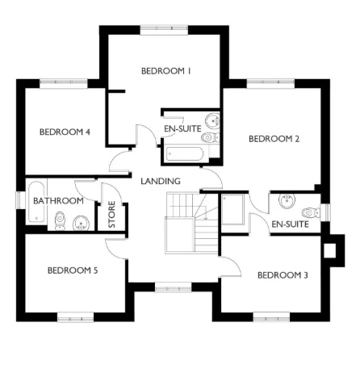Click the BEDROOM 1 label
(x=165, y=71)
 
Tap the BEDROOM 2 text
(x=274, y=139)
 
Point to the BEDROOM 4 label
(x=65, y=132)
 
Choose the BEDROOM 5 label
(x=73, y=270)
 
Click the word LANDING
(x=160, y=181)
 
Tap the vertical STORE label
(x=111, y=216)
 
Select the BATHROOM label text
(x=58, y=200)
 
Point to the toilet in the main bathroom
(x=59, y=220)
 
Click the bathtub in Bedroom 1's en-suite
(x=184, y=152)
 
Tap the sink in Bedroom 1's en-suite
(x=212, y=122)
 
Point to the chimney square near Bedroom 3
(x=329, y=250)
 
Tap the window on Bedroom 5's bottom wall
(x=80, y=316)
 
